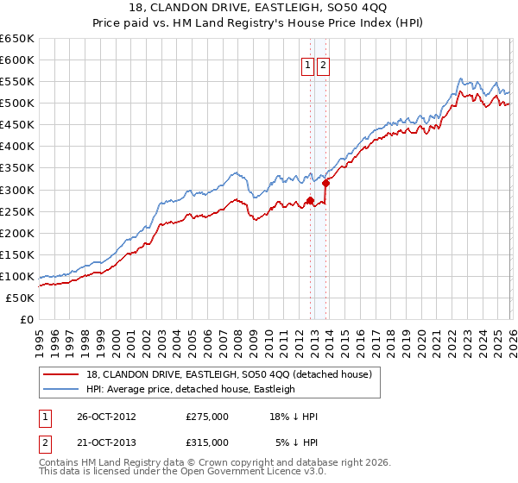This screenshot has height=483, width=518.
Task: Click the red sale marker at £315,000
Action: tap(325, 183)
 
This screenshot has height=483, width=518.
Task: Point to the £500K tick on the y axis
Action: tap(17, 103)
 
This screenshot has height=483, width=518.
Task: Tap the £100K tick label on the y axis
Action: tap(17, 276)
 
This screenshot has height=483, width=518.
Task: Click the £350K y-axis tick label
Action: tap(17, 168)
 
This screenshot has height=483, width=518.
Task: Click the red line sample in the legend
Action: tap(62, 374)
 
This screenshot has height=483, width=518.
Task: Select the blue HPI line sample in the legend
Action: tap(62, 389)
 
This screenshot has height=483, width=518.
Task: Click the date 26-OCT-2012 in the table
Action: tap(106, 416)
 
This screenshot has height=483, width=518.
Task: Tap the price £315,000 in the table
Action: tap(207, 442)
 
